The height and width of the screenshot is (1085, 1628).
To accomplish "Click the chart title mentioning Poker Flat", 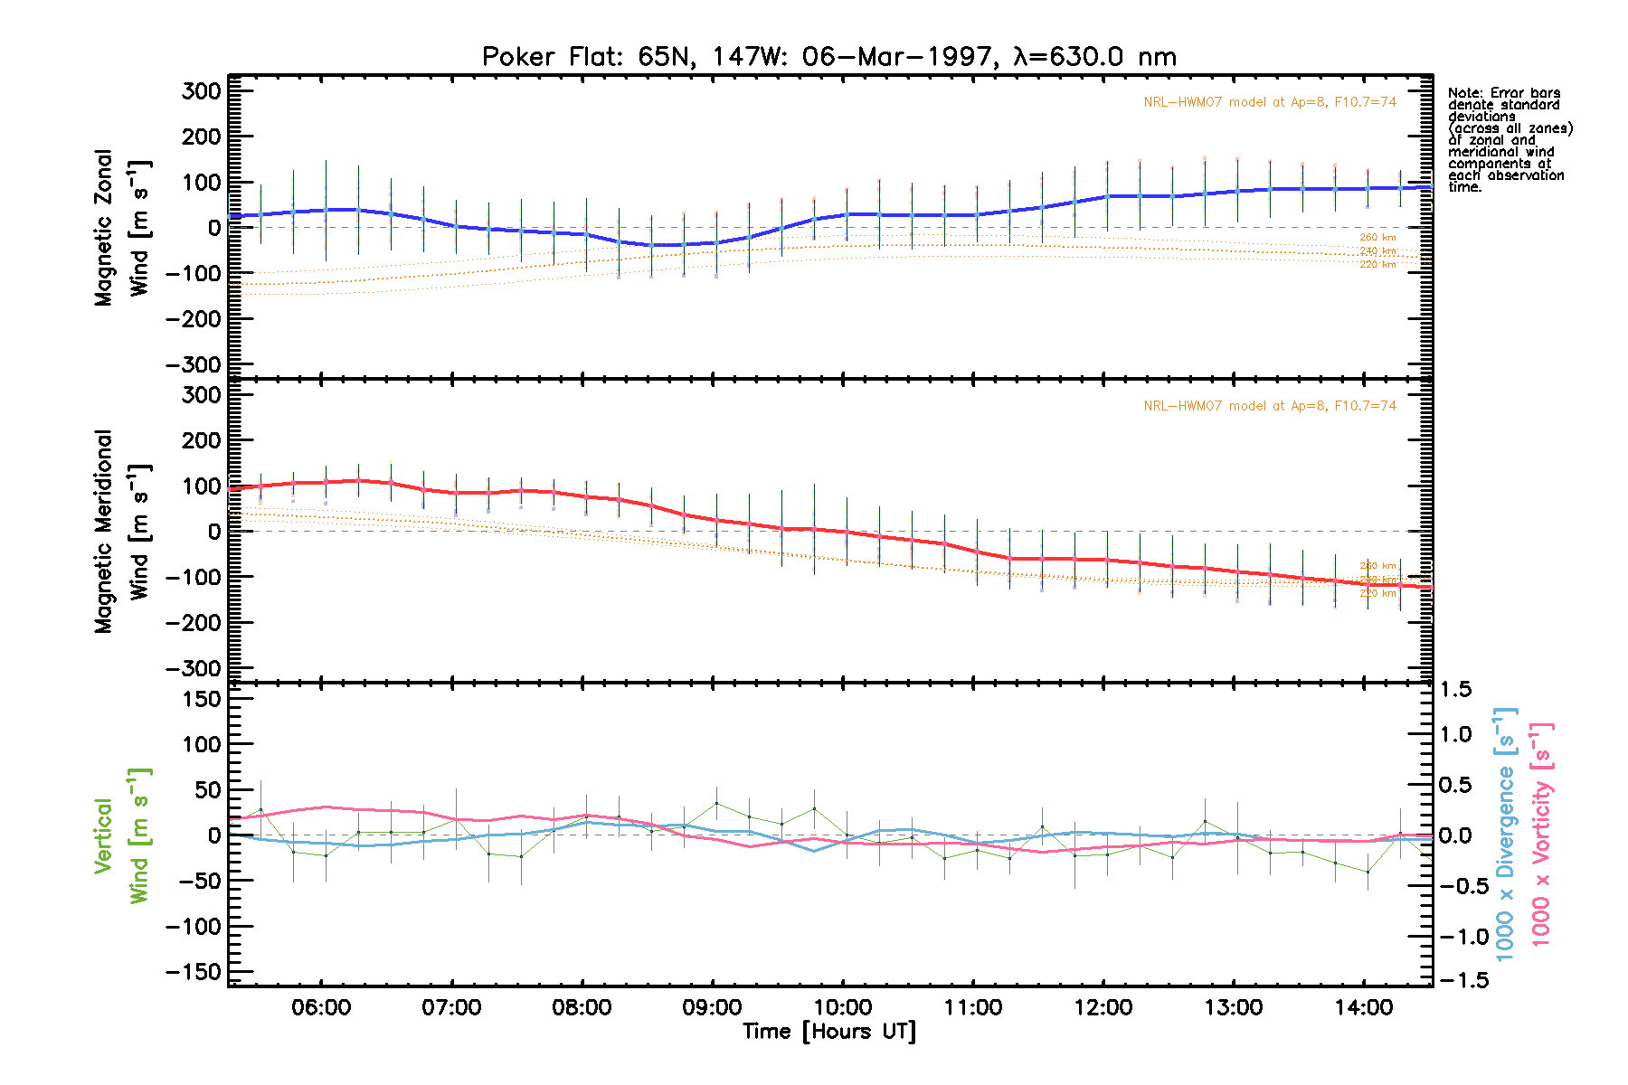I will tap(828, 57).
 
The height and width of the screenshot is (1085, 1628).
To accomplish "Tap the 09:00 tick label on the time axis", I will tap(713, 1007).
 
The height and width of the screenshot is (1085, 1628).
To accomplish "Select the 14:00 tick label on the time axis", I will tap(1364, 1007).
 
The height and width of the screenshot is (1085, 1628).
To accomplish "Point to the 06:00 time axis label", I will tap(321, 1007).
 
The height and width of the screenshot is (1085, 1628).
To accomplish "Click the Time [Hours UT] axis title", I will tap(828, 1032).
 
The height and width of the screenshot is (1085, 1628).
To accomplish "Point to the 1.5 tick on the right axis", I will tap(1455, 690).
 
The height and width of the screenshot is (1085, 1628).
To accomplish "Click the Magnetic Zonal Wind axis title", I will tap(122, 228).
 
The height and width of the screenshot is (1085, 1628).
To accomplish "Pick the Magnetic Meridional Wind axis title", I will tap(122, 532).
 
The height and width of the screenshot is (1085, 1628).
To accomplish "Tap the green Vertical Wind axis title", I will tap(122, 835).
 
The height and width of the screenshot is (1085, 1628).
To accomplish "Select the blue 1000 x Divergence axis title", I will tap(1504, 834).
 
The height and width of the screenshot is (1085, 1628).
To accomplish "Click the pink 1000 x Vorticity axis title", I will tap(1540, 834).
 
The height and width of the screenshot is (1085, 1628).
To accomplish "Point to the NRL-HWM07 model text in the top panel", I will tap(1269, 102).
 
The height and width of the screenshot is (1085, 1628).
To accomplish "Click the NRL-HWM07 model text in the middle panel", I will tap(1269, 406).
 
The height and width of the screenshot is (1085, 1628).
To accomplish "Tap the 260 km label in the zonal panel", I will tap(1377, 238).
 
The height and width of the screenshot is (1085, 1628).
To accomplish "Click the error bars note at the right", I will tap(1509, 139).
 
